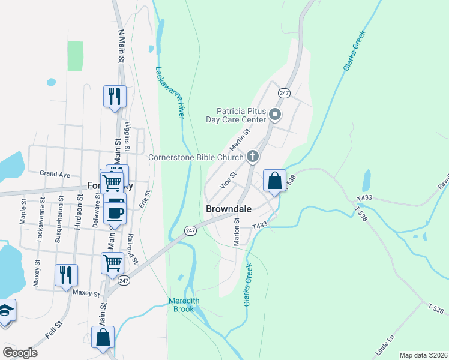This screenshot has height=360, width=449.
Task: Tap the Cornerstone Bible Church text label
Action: click(196, 158)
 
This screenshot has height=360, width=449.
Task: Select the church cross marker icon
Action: click(253, 157)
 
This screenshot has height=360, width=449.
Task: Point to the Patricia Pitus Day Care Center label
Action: click(242, 115)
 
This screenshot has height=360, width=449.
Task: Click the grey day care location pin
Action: click(275, 113)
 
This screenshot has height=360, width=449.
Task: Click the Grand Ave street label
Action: click(55, 174)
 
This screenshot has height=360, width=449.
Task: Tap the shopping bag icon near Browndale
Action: click(274, 181)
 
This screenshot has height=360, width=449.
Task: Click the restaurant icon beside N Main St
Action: click(115, 95)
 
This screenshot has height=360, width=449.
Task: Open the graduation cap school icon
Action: click(5, 310)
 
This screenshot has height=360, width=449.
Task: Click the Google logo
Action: click(20, 353)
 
